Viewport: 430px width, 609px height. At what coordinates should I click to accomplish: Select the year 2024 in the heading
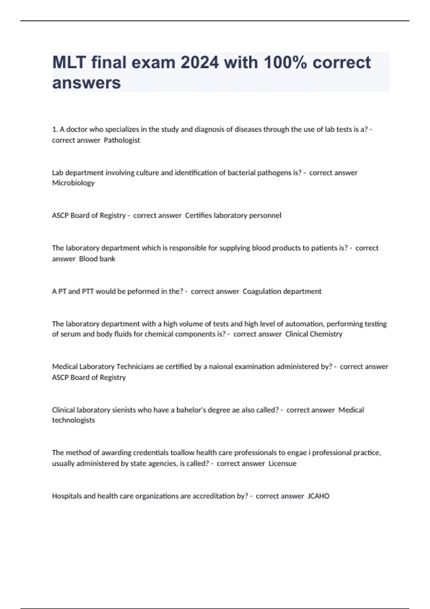click(200, 62)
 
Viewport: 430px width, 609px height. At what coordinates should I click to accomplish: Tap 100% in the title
click(285, 62)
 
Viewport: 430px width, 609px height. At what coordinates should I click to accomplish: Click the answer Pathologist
click(122, 140)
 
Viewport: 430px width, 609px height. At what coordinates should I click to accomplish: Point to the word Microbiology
click(73, 183)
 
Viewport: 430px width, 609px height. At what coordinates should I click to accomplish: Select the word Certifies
click(198, 216)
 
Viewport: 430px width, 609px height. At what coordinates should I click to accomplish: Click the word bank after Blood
click(107, 259)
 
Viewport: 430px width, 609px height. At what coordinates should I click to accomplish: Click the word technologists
click(73, 420)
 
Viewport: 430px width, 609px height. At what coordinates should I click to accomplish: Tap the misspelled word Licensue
click(282, 464)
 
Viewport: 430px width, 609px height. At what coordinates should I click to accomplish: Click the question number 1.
click(54, 130)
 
